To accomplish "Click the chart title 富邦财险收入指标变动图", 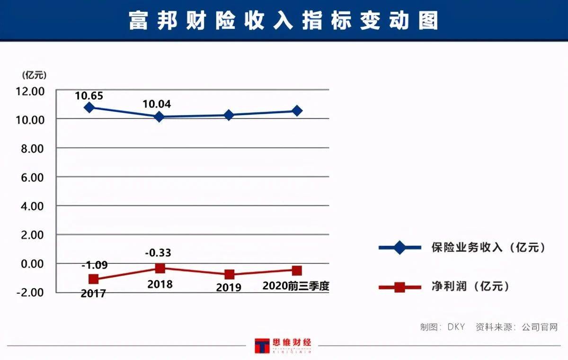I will [x=284, y=21].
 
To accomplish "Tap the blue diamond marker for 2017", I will [x=89, y=108].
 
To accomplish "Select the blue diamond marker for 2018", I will [x=159, y=117].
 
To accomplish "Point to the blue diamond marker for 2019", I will [x=229, y=115].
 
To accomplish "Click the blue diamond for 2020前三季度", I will [x=297, y=110].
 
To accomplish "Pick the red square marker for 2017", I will [x=93, y=279].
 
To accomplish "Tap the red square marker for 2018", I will [x=160, y=268].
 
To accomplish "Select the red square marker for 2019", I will [x=230, y=274].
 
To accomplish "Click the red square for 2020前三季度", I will [x=297, y=270].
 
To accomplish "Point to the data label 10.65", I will [x=89, y=96].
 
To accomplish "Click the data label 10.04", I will [x=157, y=104].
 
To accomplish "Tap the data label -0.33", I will [x=158, y=253].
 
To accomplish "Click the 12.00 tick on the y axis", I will [x=31, y=90].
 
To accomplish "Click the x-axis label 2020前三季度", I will [x=295, y=286].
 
